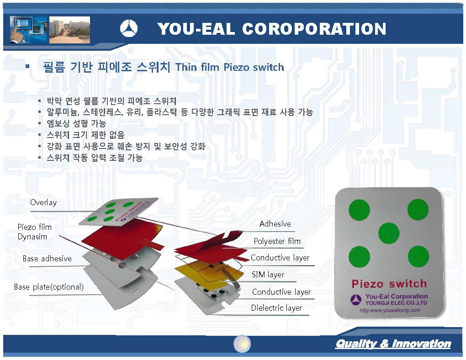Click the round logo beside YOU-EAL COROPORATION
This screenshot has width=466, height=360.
[x=129, y=28]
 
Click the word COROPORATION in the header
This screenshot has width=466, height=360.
[x=314, y=29]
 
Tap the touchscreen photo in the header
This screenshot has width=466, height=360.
[x=28, y=30]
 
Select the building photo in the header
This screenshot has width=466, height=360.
[x=69, y=30]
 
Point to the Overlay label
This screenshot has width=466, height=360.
[x=43, y=202]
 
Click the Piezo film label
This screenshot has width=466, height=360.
[x=34, y=227]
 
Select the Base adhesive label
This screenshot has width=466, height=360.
[x=47, y=259]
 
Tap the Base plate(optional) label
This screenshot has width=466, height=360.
[x=49, y=287]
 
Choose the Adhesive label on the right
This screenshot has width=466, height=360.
[x=275, y=224]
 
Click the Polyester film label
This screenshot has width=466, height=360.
[x=277, y=241]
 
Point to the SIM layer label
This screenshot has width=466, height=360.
[x=268, y=275]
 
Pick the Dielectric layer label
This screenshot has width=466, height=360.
[x=276, y=308]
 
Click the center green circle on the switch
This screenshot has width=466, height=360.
[x=389, y=233]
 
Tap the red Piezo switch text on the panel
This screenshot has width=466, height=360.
[x=389, y=284]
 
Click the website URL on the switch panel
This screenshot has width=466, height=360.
[x=390, y=310]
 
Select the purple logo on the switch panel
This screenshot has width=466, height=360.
[x=356, y=299]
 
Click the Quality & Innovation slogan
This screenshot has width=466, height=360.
[x=393, y=344]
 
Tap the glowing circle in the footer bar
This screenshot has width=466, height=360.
[x=242, y=344]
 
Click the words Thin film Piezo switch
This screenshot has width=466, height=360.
[x=230, y=67]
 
